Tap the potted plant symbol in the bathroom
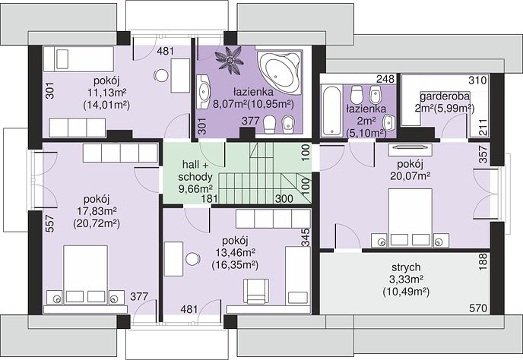click(x=229, y=59)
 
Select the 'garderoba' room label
click(x=445, y=96)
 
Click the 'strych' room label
click(x=406, y=267)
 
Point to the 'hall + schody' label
click(x=195, y=170)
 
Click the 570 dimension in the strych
click(x=478, y=308)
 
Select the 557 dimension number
click(x=49, y=223)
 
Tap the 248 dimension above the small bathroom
click(x=385, y=79)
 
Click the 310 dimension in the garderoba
click(x=477, y=80)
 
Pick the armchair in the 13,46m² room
click(x=256, y=292)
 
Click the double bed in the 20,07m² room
click(x=410, y=218)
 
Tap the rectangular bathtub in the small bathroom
click(x=331, y=110)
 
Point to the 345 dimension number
click(x=305, y=237)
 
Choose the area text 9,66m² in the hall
click(x=196, y=188)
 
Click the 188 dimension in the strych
click(x=483, y=262)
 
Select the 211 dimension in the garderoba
click(x=483, y=128)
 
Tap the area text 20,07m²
click(x=410, y=175)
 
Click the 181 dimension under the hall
click(x=210, y=198)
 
